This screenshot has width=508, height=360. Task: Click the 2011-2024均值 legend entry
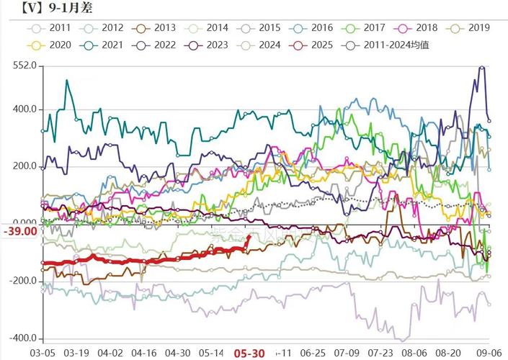[389, 45]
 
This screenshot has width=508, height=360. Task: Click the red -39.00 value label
[19, 231]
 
